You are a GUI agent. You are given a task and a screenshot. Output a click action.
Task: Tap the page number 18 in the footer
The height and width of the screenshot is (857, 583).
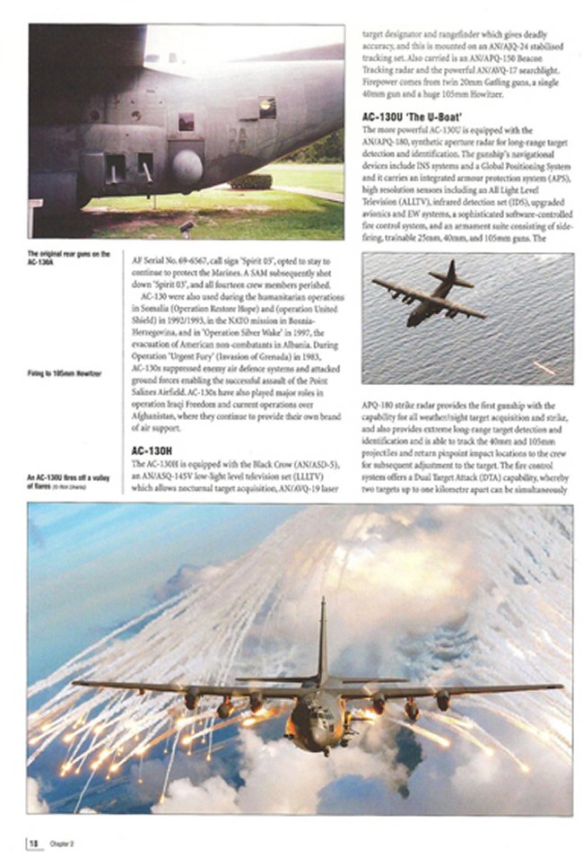tap(33, 843)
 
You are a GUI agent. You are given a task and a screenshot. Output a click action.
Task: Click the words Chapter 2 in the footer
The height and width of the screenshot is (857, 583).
tap(60, 844)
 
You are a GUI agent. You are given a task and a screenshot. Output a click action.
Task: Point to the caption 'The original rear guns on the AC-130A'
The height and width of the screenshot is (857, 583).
tap(68, 258)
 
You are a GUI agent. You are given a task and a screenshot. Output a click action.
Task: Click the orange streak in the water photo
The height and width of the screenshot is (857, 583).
tap(544, 368)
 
